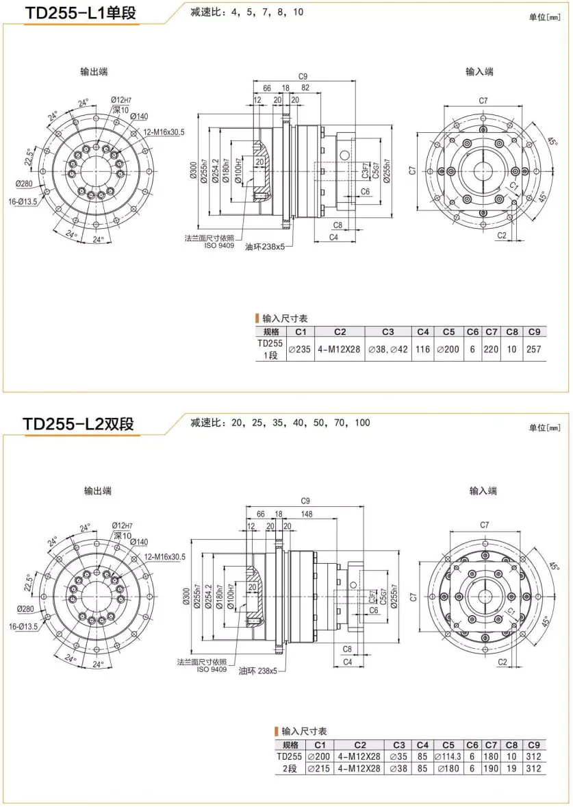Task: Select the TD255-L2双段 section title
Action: click(79, 424)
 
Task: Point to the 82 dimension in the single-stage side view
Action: click(305, 88)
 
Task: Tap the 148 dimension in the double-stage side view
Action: click(306, 514)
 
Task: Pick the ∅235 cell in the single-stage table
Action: click(299, 349)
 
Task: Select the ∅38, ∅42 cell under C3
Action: click(388, 349)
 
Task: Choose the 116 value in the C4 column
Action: click(423, 349)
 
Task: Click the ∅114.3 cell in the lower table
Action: click(447, 757)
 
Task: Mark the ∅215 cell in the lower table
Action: click(319, 769)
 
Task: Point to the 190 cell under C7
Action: click(492, 769)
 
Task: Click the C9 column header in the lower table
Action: click(535, 745)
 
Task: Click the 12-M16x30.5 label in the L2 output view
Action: click(164, 557)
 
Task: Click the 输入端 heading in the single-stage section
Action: click(479, 72)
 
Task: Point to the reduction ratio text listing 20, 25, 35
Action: click(280, 423)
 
